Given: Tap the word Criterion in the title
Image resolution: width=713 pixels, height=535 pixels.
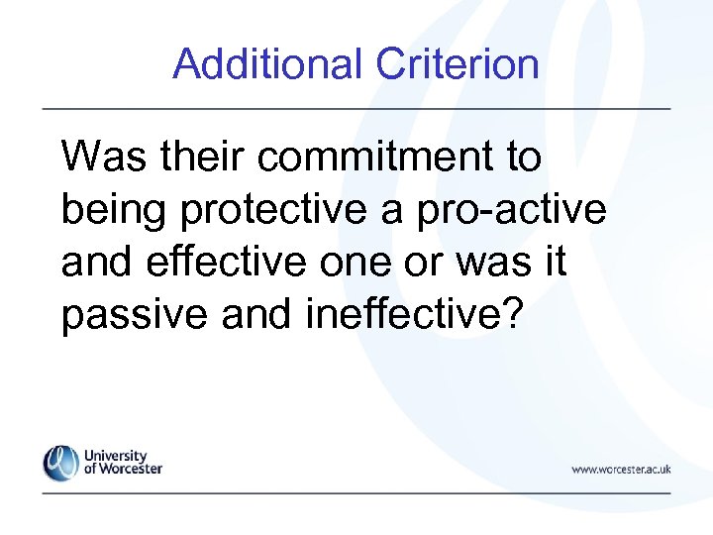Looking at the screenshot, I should tap(458, 64).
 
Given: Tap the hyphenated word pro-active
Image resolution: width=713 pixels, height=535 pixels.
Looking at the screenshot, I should tap(524, 209).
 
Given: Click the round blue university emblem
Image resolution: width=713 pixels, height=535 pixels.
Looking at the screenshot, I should tap(60, 463).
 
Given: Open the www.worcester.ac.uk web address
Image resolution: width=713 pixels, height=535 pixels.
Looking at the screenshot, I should tap(621, 469).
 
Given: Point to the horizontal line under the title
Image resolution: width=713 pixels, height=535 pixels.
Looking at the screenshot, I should tap(356, 107).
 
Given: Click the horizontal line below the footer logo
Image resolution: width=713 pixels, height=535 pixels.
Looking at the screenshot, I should tap(356, 492).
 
